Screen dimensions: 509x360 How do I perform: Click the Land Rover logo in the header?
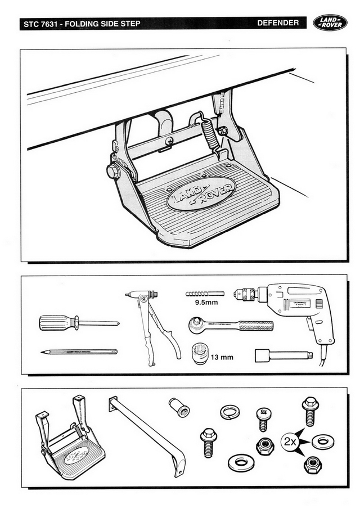(331, 24)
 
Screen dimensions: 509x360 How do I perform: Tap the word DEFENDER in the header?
(278, 24)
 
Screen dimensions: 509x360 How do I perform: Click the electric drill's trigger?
(308, 321)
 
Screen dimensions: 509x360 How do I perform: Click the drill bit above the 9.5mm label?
(204, 294)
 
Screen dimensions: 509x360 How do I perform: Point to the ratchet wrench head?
(198, 325)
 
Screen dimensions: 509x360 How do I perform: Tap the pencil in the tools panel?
(79, 352)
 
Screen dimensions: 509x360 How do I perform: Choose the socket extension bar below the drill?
(283, 355)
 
